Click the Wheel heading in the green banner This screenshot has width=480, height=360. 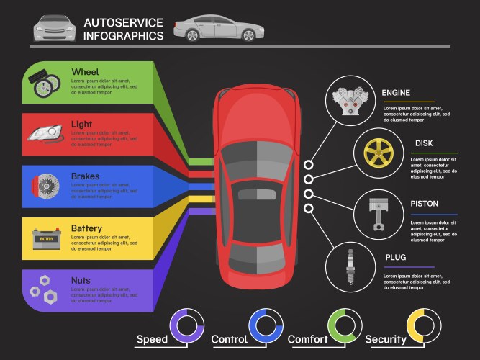pos(86,71)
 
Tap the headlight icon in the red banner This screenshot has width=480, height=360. pos(45,133)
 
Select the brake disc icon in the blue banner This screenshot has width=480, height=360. pos(45,184)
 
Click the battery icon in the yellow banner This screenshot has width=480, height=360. pos(45,238)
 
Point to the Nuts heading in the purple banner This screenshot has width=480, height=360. pos(81,280)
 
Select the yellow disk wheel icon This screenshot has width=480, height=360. pos(376,153)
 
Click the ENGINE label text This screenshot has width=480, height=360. pos(396,93)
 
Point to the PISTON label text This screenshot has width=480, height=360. pos(425,204)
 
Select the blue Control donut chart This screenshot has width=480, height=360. pos(266,324)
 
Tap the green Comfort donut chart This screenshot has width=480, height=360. pos(344,324)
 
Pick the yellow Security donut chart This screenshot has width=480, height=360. pos(423,324)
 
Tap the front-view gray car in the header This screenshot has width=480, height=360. pos(55,28)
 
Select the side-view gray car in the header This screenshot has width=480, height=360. pos(218,28)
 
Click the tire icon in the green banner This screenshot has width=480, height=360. pos(44,84)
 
